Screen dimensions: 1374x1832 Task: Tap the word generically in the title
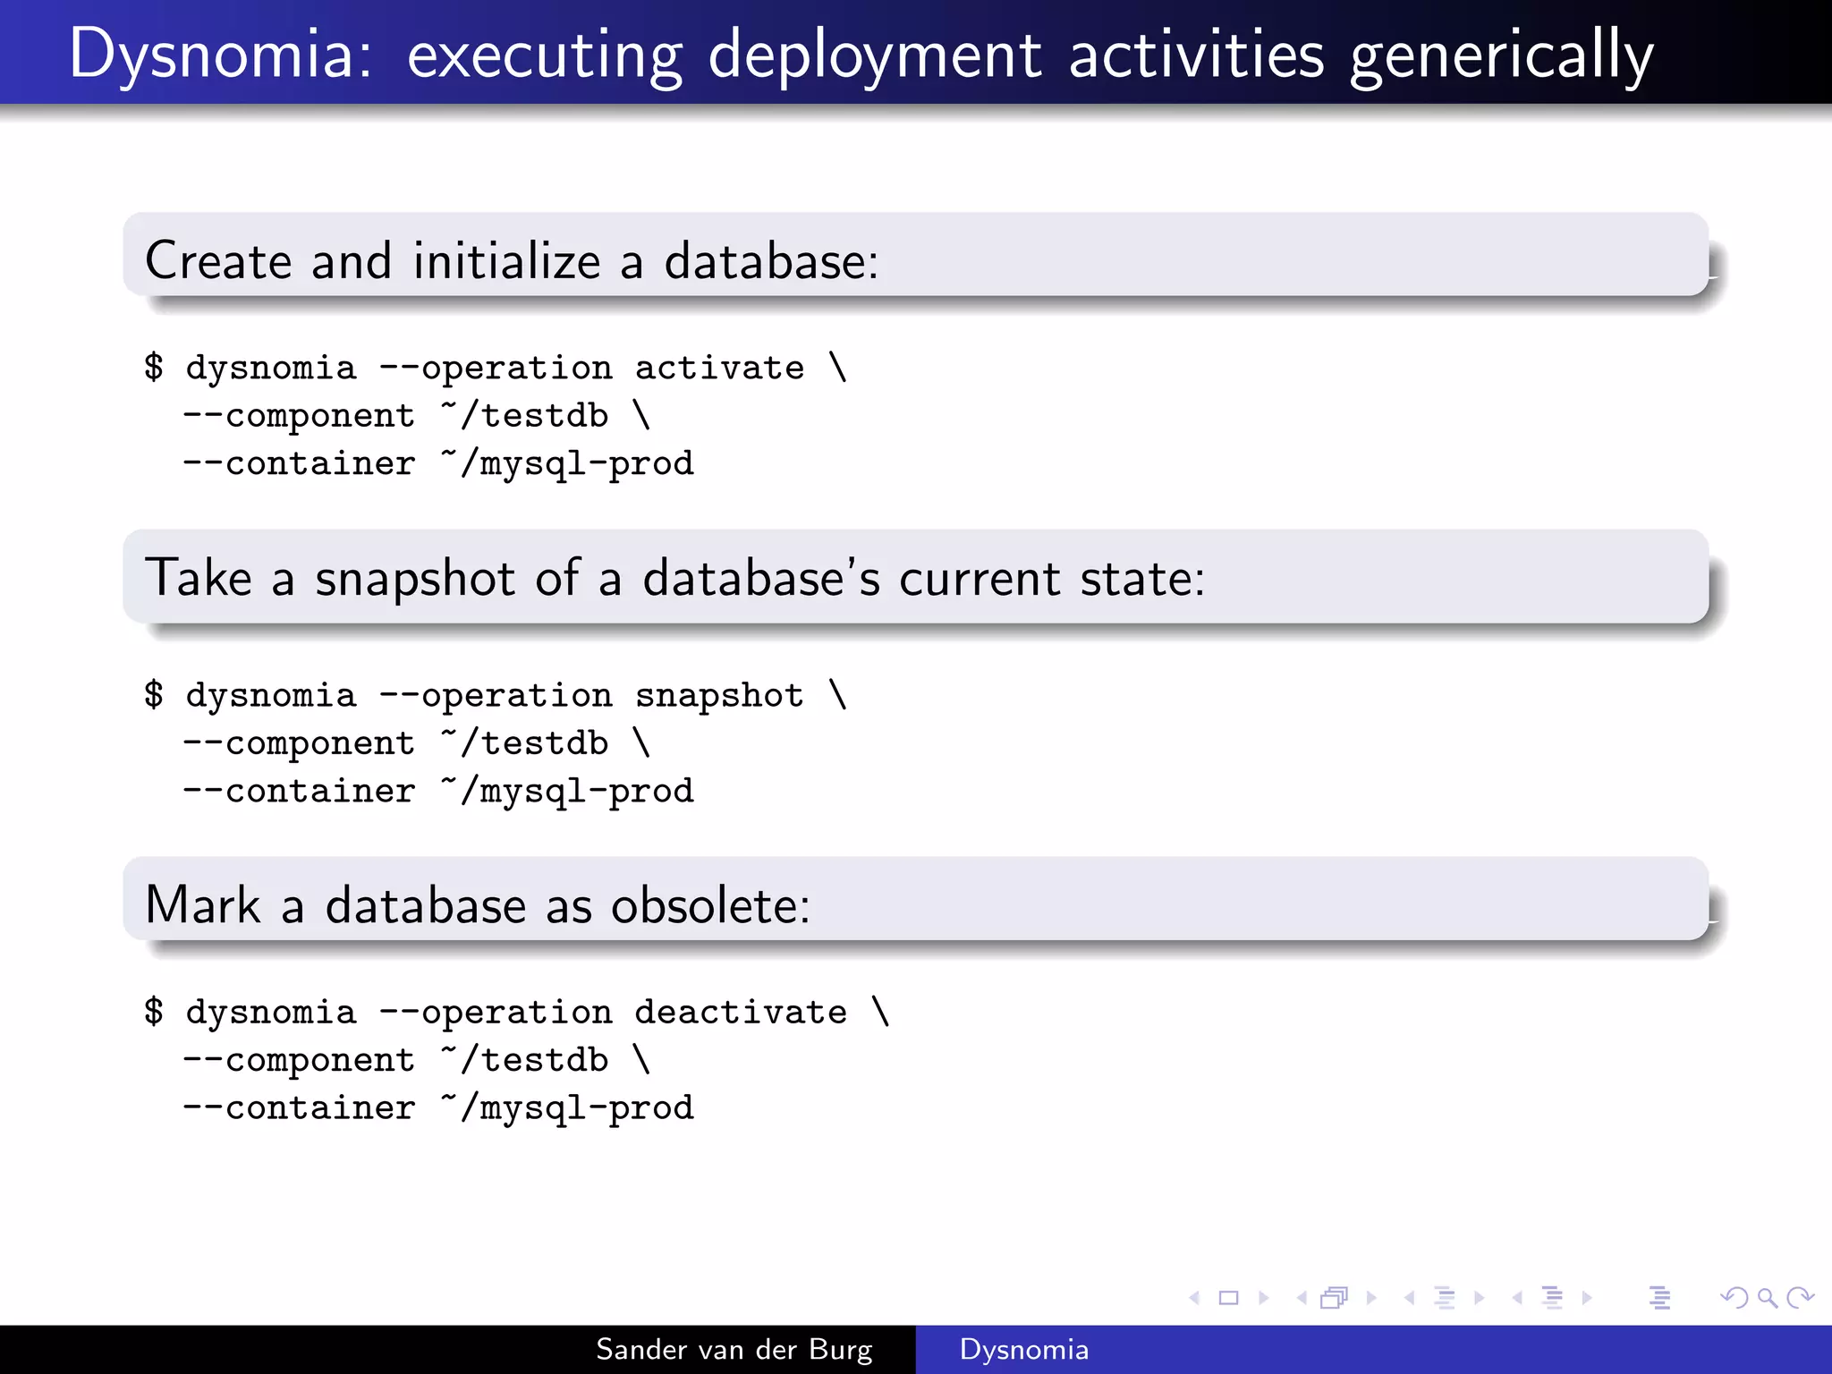(1501, 55)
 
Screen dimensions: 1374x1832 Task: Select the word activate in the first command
(719, 368)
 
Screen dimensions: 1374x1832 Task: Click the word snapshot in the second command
(719, 695)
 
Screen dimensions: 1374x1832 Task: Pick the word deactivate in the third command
(741, 1012)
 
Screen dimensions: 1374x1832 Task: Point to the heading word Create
(218, 261)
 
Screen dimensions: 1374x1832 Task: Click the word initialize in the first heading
(506, 261)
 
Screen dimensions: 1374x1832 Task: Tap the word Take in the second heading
(199, 578)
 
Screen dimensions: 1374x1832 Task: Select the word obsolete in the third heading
(710, 905)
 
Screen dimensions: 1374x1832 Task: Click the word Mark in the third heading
(202, 905)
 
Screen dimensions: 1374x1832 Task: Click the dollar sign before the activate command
(154, 368)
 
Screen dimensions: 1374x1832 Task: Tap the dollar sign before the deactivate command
(154, 1012)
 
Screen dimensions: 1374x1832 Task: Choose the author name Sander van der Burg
(734, 1349)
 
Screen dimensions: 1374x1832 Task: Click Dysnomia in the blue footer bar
(1023, 1349)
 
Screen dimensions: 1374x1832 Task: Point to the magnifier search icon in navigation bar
(1767, 1297)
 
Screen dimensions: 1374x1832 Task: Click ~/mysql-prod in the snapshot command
(567, 792)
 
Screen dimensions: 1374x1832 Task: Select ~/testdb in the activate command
(524, 416)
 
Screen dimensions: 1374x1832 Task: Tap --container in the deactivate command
(299, 1108)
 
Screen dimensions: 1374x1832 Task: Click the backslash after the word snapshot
(837, 695)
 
